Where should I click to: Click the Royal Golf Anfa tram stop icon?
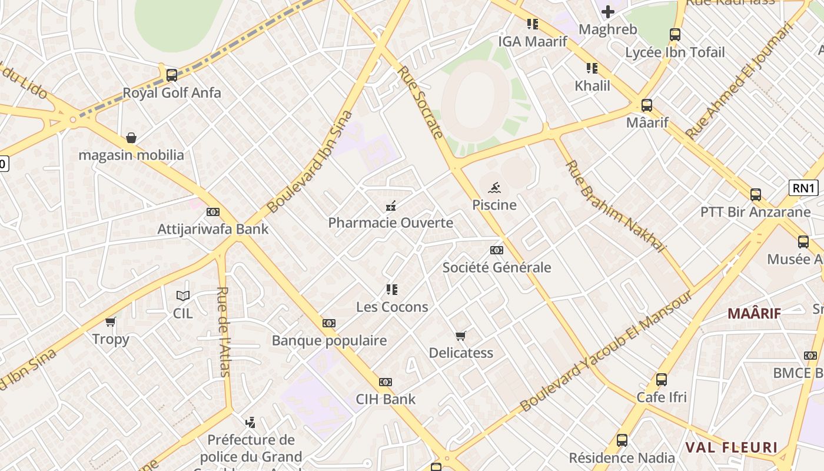pyautogui.click(x=172, y=75)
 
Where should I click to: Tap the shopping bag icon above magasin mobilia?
pyautogui.click(x=131, y=138)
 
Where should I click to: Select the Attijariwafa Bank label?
pyautogui.click(x=212, y=229)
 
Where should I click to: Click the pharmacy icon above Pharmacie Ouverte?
pyautogui.click(x=390, y=205)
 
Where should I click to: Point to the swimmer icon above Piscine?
pyautogui.click(x=494, y=188)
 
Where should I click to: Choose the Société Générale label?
pyautogui.click(x=497, y=267)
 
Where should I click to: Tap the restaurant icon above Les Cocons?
pyautogui.click(x=392, y=289)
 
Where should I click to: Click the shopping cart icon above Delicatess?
pyautogui.click(x=461, y=336)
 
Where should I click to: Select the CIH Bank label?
pyautogui.click(x=386, y=399)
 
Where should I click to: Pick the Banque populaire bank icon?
pyautogui.click(x=329, y=323)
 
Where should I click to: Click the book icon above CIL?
pyautogui.click(x=183, y=296)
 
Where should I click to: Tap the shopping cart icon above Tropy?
pyautogui.click(x=111, y=321)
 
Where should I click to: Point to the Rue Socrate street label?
pyautogui.click(x=420, y=102)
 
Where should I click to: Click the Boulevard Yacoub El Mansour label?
pyautogui.click(x=606, y=351)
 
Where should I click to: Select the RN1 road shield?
pyautogui.click(x=803, y=188)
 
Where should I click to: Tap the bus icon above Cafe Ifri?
pyautogui.click(x=662, y=380)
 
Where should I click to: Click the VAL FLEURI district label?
pyautogui.click(x=730, y=447)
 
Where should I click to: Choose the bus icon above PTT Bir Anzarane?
pyautogui.click(x=756, y=194)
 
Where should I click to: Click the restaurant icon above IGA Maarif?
pyautogui.click(x=533, y=24)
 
